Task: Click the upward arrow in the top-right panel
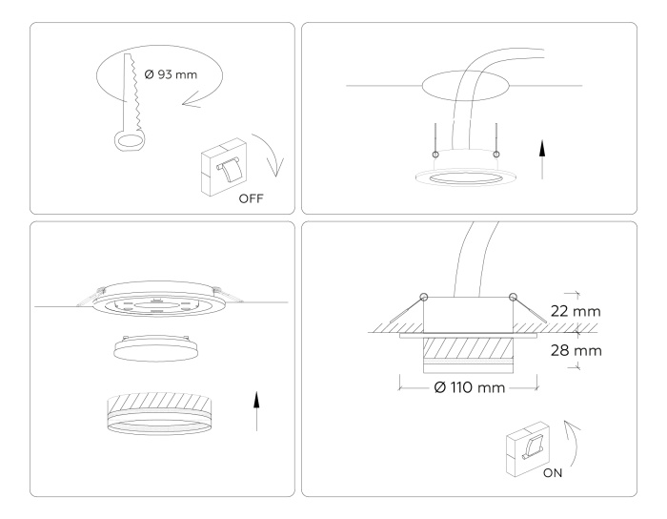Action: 542,160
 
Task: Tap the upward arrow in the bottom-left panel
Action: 256,410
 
